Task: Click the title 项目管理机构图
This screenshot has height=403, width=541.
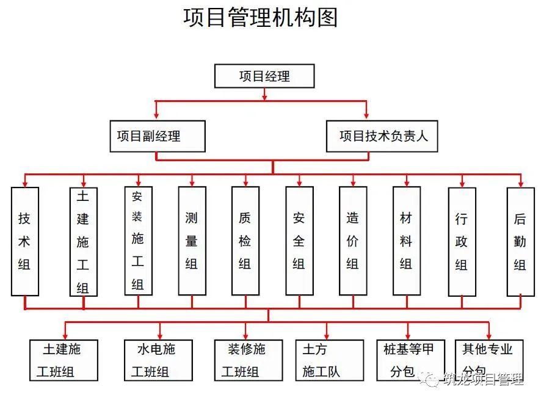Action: click(261, 18)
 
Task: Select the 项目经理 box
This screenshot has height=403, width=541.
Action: click(264, 76)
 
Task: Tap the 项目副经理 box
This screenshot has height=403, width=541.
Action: click(157, 136)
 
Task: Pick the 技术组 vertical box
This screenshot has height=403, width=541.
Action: click(25, 241)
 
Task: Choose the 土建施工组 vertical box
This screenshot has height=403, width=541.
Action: click(83, 242)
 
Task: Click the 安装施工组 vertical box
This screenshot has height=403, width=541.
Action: click(138, 241)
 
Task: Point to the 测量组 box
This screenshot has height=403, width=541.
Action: click(192, 241)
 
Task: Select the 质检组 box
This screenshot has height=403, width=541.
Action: click(245, 241)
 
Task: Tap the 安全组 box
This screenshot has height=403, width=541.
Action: click(299, 241)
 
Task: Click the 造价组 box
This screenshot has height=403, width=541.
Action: click(353, 241)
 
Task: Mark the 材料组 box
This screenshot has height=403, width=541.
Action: click(406, 241)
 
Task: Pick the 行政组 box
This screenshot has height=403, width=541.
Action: click(462, 241)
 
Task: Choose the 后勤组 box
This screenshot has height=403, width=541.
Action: click(520, 241)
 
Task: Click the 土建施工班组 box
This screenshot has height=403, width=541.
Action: click(64, 360)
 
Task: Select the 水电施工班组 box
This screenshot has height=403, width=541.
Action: click(158, 360)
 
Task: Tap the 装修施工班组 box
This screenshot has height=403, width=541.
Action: click(248, 360)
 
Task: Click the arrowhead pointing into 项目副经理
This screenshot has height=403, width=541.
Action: click(157, 115)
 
